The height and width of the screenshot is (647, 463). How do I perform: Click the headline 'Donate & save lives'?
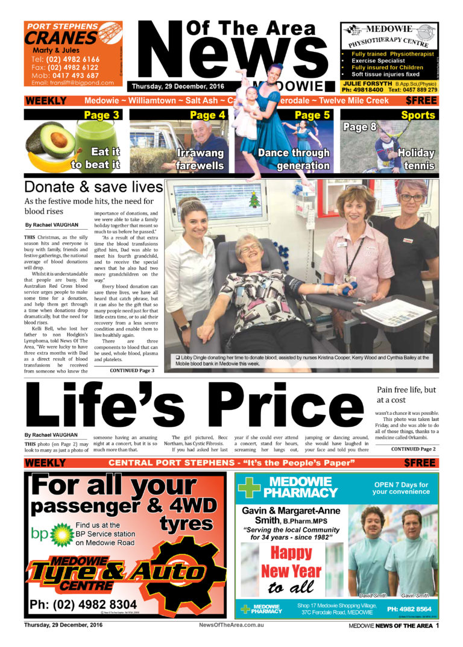(x=93, y=186)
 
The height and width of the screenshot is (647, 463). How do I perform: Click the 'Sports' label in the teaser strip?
(x=418, y=115)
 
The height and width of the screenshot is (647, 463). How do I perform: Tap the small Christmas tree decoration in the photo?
(x=253, y=197)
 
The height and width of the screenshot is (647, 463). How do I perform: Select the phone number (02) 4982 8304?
(x=83, y=604)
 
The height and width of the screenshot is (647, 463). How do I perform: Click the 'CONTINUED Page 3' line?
(x=131, y=370)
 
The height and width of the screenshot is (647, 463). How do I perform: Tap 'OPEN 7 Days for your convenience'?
(x=400, y=488)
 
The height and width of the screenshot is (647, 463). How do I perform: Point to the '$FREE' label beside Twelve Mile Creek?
(x=421, y=100)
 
